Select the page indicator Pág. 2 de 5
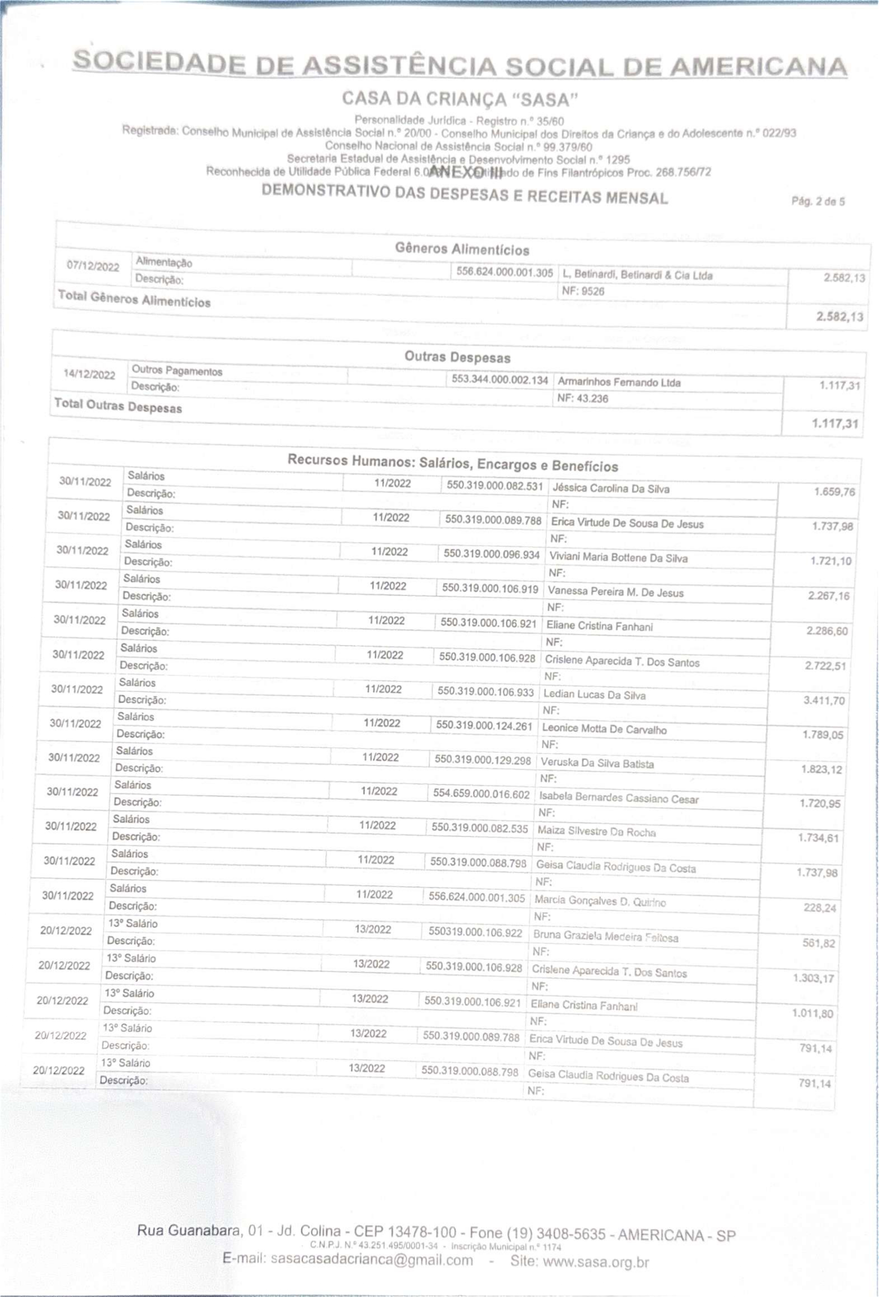pyautogui.click(x=817, y=201)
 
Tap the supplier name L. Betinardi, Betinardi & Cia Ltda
pyautogui.click(x=637, y=275)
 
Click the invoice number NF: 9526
pyautogui.click(x=583, y=291)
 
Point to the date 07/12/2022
pyautogui.click(x=93, y=266)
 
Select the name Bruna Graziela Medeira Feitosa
pyautogui.click(x=606, y=937)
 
